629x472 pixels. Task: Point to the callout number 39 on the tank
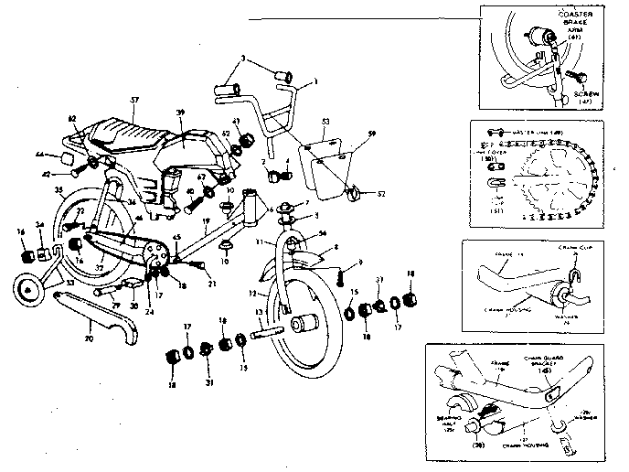click(x=180, y=112)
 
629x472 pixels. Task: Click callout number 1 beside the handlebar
click(x=314, y=83)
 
